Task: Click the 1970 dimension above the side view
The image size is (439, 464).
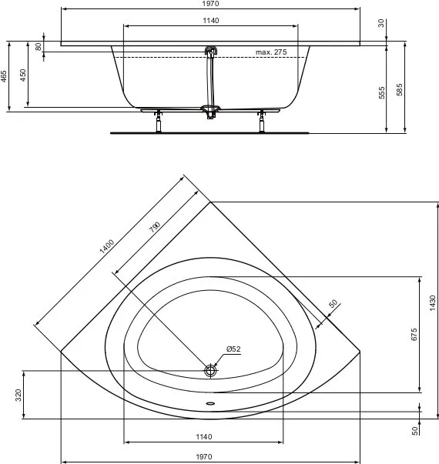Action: (x=210, y=4)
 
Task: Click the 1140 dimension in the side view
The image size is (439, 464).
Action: (x=211, y=21)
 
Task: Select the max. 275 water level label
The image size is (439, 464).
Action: (x=271, y=52)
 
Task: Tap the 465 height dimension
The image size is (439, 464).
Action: (x=3, y=76)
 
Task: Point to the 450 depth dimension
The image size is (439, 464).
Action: (x=23, y=75)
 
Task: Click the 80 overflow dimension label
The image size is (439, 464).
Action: (x=39, y=46)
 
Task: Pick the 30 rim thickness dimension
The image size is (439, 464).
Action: (x=381, y=23)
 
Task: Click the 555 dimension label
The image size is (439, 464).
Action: (x=382, y=92)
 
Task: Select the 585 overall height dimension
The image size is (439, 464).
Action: (x=400, y=90)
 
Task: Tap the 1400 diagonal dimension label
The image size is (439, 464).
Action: (x=107, y=246)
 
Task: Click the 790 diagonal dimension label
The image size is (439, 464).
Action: (x=155, y=227)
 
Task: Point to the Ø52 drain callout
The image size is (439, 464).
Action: (x=233, y=349)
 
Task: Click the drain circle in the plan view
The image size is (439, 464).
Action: (x=210, y=370)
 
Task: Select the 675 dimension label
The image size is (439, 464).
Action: (x=414, y=334)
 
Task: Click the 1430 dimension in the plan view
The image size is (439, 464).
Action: (x=433, y=302)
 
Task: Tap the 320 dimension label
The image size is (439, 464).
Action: (x=18, y=395)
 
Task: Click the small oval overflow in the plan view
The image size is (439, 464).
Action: (x=210, y=403)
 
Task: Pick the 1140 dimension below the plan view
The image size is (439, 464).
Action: (x=204, y=437)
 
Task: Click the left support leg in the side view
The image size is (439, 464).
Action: (x=159, y=121)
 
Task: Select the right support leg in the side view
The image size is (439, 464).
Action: (x=261, y=121)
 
